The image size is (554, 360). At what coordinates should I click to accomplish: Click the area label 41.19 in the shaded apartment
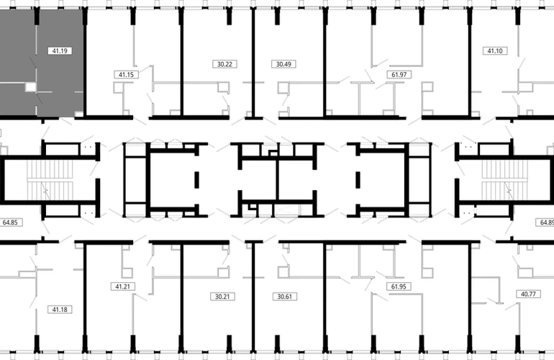60,51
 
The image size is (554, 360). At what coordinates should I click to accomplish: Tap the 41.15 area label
126,75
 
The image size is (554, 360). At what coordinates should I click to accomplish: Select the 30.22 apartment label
224,64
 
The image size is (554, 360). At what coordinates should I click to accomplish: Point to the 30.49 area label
283,64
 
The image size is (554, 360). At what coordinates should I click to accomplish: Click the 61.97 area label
399,75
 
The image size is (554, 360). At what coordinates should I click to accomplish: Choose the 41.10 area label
495,51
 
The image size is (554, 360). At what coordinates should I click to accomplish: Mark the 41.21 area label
122,287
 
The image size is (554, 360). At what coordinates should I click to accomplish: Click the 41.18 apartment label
60,310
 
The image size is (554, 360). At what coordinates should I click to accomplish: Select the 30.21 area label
222,297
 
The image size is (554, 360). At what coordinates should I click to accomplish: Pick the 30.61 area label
285,297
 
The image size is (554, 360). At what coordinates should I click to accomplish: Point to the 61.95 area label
399,287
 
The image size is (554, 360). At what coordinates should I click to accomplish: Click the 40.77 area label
528,294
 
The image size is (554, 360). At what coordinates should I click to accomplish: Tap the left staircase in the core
50,180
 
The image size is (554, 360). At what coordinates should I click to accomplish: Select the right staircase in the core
504,180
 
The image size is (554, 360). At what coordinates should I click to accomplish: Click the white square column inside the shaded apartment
30,86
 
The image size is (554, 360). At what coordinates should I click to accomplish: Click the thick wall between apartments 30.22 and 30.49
253,63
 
